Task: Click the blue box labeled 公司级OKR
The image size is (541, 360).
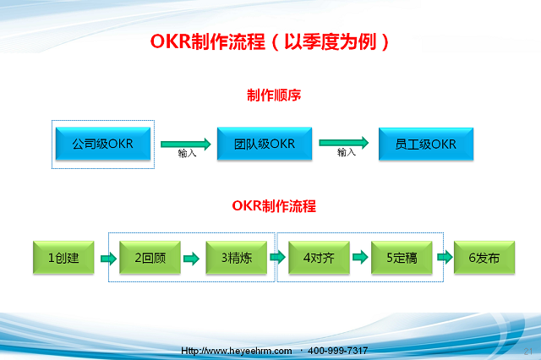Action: [103, 144]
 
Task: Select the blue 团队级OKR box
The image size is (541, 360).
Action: [265, 144]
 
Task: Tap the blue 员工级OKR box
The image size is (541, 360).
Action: [426, 144]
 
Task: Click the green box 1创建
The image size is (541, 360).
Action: [63, 258]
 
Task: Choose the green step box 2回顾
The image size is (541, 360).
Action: [150, 258]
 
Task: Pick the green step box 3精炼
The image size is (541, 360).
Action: [237, 258]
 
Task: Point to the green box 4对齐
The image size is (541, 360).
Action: [319, 258]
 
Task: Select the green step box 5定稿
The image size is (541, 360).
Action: [402, 258]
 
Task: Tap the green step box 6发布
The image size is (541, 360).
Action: [484, 258]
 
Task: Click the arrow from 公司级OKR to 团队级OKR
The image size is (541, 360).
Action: [186, 144]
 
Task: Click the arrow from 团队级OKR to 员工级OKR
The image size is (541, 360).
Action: [344, 143]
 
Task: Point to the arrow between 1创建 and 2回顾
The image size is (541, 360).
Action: [108, 259]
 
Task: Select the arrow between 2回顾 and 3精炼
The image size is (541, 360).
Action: [191, 259]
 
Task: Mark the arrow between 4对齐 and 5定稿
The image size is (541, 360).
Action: [360, 257]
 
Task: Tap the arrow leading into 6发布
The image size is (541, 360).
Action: [445, 257]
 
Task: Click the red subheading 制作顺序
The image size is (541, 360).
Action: [274, 95]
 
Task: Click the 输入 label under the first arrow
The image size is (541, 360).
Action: [187, 153]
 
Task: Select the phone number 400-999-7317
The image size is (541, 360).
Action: [337, 351]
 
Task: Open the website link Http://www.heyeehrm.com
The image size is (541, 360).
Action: [237, 351]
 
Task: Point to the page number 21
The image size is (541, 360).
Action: [527, 352]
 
